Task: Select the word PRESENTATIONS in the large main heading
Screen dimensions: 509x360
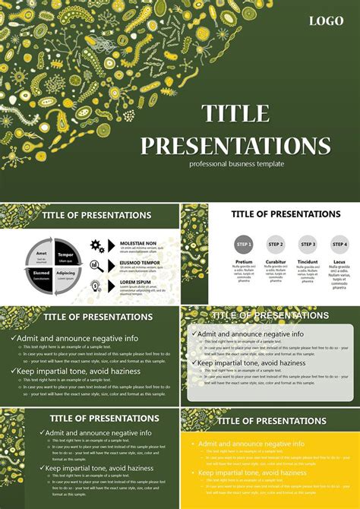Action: click(235, 145)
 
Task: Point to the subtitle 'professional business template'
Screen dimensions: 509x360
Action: click(237, 164)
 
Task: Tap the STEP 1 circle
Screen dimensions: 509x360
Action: click(244, 245)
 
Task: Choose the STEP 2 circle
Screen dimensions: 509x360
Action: click(276, 245)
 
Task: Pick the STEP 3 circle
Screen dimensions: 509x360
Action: click(308, 245)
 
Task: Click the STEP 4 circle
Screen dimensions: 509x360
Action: click(339, 245)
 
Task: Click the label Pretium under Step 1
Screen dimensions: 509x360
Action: click(244, 262)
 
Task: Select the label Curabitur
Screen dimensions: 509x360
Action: click(276, 262)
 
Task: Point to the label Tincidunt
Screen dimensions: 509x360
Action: click(308, 262)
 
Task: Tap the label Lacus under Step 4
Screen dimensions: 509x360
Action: click(339, 262)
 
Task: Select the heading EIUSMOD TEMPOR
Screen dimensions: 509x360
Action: click(140, 262)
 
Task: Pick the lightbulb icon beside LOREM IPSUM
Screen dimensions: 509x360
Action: click(96, 286)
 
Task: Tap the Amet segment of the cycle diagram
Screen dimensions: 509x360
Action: click(42, 255)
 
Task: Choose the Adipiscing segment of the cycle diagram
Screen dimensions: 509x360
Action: click(65, 274)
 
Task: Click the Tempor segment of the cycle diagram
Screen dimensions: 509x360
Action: click(65, 255)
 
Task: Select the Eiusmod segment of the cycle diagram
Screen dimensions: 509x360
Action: click(42, 274)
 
